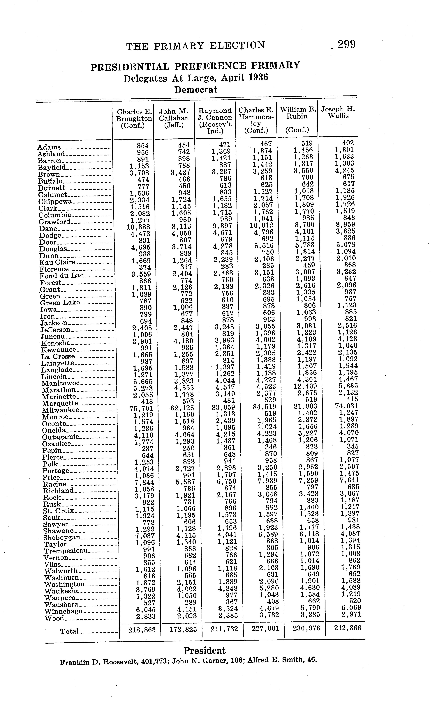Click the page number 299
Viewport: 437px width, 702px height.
click(347, 45)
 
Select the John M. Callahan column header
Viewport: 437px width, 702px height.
click(174, 118)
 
